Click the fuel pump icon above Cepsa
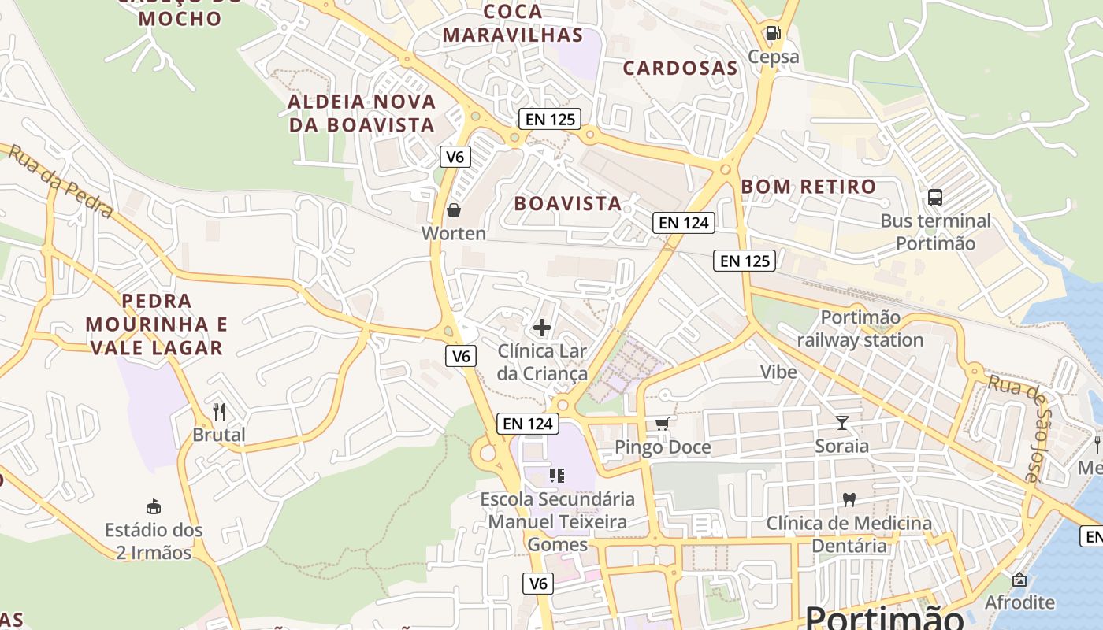click(773, 33)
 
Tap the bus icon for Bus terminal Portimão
click(935, 198)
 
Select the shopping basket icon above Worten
click(454, 210)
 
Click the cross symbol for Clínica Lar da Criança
click(542, 328)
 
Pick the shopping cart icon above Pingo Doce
click(663, 424)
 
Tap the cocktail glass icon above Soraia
click(842, 423)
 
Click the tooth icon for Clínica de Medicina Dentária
click(849, 499)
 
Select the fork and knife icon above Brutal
click(219, 411)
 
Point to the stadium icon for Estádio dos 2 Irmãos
click(154, 506)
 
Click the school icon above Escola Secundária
click(557, 476)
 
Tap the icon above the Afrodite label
click(1019, 580)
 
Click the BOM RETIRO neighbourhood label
click(808, 187)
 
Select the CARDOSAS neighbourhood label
click(681, 68)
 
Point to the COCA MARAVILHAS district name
click(513, 23)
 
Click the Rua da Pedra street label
click(61, 181)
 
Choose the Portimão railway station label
click(860, 328)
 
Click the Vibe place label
click(778, 372)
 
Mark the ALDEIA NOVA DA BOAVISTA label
click(362, 113)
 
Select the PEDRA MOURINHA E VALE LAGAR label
click(157, 324)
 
